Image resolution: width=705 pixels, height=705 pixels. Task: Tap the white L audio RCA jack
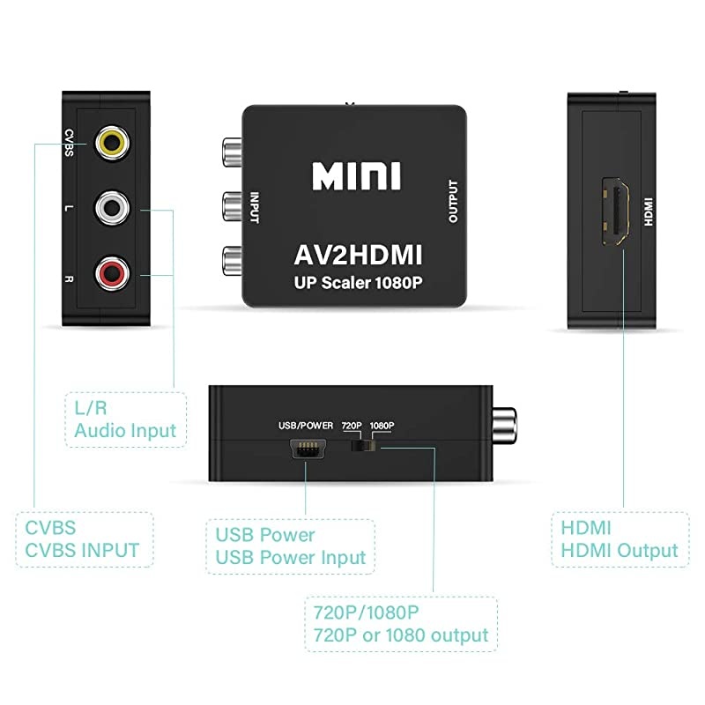[x=112, y=209]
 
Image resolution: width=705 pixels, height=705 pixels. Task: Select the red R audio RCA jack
[x=112, y=274]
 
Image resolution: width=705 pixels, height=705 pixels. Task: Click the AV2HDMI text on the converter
[x=356, y=256]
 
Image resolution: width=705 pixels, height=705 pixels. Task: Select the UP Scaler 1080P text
[x=356, y=285]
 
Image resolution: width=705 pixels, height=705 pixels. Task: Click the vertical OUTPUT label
[x=454, y=202]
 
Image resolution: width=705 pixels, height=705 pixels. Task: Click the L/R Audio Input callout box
[x=124, y=419]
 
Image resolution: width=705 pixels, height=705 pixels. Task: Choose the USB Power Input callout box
[x=290, y=546]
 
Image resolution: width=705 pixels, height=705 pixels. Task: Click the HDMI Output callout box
[x=620, y=539]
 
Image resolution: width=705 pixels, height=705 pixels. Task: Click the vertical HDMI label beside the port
[x=649, y=212]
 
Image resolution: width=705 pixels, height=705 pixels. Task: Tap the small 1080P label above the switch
[x=382, y=426]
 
